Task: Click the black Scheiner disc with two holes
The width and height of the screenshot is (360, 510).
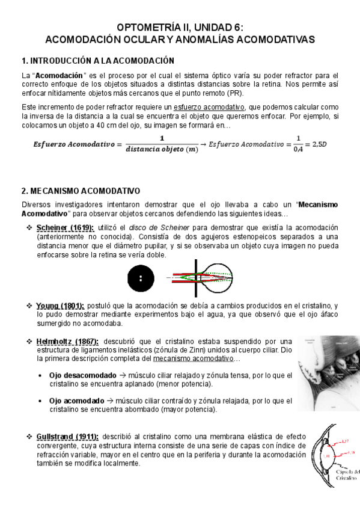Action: tap(141, 278)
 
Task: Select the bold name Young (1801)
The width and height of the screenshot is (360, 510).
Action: tap(60, 306)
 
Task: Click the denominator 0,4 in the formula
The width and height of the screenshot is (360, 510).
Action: tap(299, 150)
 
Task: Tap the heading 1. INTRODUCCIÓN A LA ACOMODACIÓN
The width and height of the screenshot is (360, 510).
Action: tap(97, 61)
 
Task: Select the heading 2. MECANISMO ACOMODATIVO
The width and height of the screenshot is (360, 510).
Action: tap(81, 191)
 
